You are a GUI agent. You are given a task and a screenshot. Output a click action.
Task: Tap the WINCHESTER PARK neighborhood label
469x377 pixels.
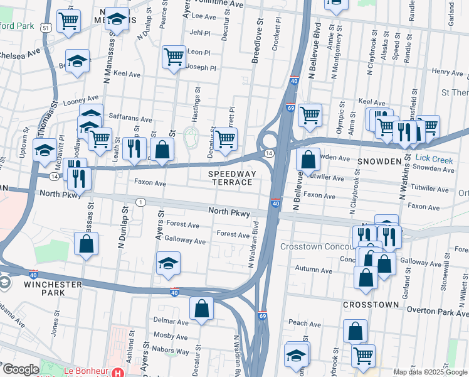point(53,289)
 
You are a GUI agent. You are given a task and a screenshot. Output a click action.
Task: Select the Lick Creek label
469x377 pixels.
point(434,160)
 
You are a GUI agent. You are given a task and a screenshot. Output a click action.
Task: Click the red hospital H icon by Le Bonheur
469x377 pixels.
point(117,373)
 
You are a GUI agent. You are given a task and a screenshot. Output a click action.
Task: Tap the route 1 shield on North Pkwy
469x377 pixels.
point(142,202)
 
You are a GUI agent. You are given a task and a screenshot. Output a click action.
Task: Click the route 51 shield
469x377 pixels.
point(45,27)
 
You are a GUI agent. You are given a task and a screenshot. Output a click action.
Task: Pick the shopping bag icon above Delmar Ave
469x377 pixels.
point(201,309)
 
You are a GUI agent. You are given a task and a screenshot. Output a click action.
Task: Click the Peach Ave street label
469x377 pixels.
point(305,324)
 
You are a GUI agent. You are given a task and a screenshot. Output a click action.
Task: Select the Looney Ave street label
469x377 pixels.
point(82,99)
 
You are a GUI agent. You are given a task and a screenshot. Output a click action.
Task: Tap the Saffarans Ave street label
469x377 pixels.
point(130,119)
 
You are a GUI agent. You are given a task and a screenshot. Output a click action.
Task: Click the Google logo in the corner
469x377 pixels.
point(20,369)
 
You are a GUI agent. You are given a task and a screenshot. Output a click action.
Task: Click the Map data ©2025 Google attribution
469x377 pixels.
point(429,372)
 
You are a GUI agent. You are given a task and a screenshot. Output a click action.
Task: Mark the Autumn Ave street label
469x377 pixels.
point(315,270)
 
